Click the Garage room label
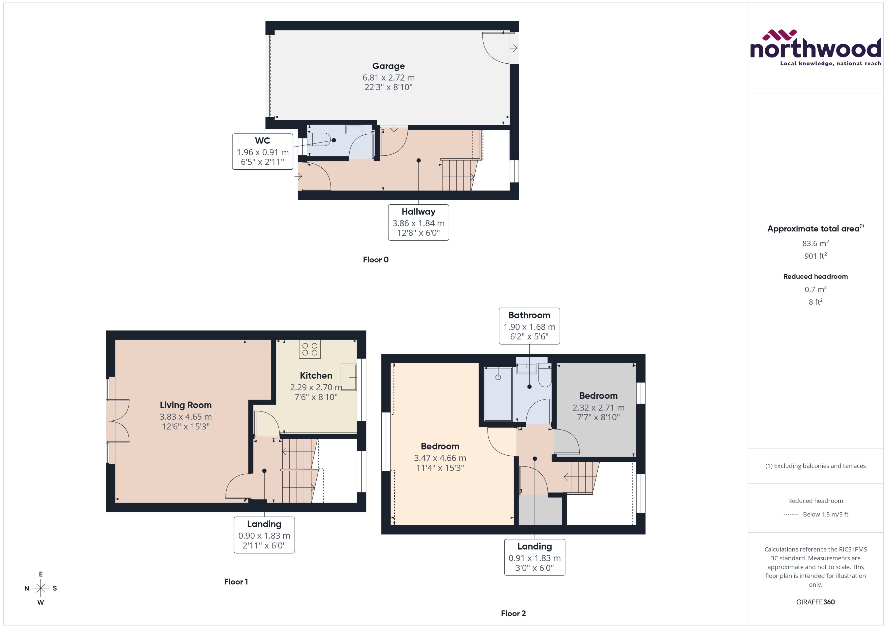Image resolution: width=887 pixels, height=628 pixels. [x=389, y=66]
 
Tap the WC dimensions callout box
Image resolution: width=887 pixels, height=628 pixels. [x=263, y=152]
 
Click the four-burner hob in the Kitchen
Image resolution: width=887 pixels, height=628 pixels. [x=310, y=349]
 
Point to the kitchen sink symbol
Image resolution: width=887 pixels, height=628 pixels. [x=348, y=377]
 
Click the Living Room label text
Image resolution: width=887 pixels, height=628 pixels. [x=186, y=405]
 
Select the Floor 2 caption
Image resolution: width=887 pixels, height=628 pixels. [x=513, y=613]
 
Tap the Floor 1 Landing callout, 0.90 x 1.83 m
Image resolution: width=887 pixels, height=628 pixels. [x=264, y=535]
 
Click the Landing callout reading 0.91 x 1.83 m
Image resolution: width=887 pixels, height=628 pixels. [x=534, y=557]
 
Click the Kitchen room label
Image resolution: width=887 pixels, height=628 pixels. [x=316, y=375]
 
